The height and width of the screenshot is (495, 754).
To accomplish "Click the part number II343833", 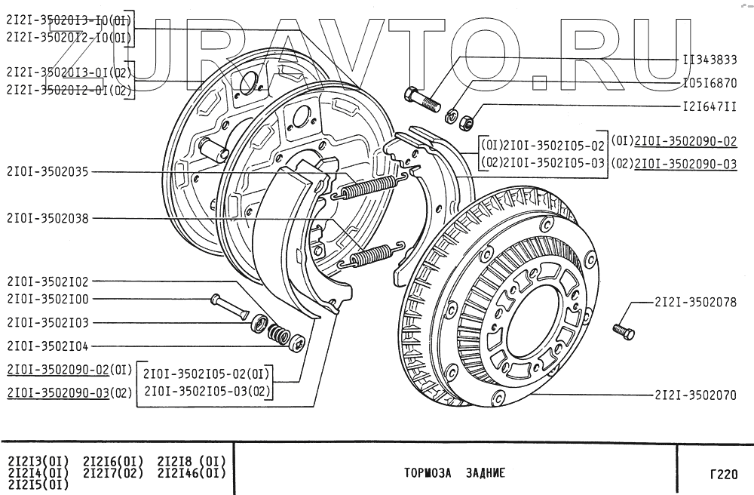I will coord(710,59).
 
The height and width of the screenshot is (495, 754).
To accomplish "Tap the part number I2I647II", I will coord(710,106).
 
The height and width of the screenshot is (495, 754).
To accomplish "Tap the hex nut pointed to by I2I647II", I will coord(467,119).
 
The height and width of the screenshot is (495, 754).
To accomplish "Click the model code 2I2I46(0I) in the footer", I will coord(192,473).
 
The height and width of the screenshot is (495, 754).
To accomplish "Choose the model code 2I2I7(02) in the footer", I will coord(113,473).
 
